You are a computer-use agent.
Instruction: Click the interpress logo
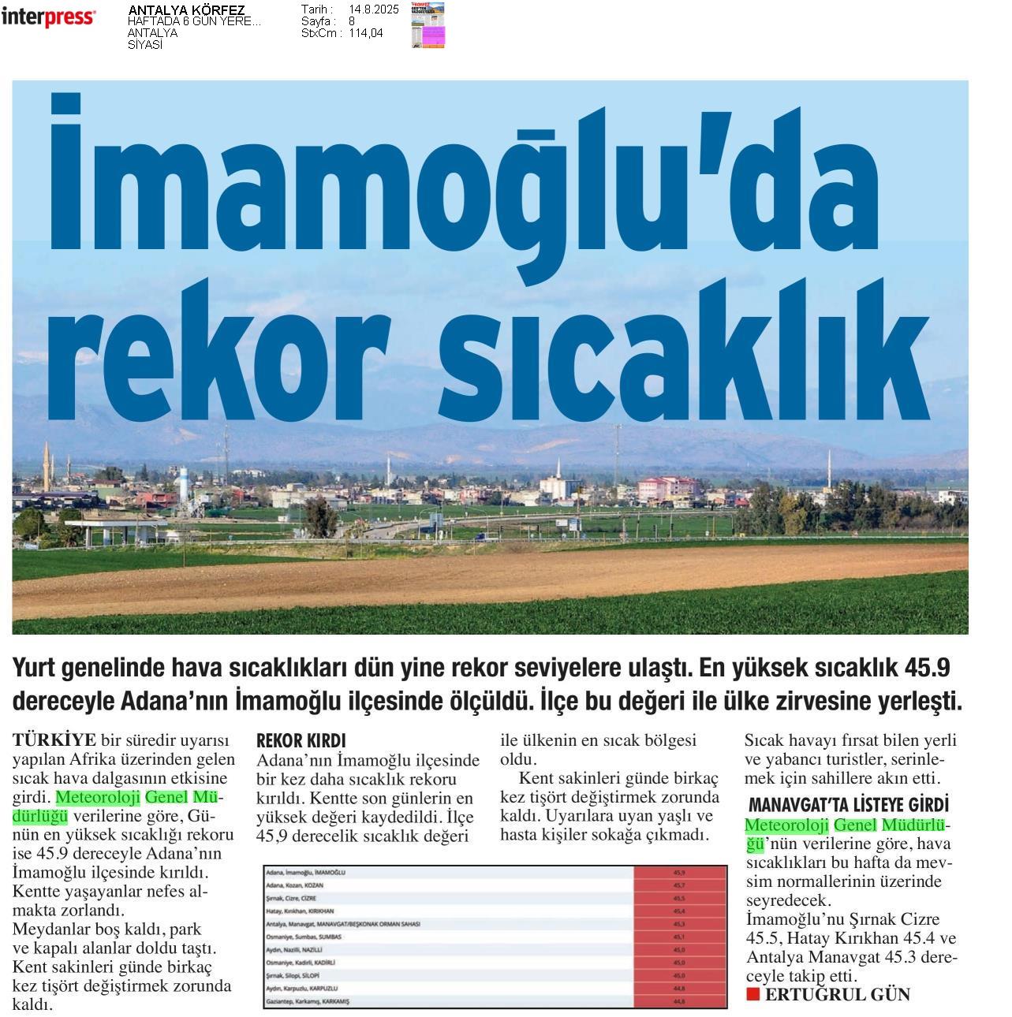[48, 17]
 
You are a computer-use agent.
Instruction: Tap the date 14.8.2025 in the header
[373, 9]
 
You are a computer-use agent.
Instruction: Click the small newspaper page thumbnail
[428, 25]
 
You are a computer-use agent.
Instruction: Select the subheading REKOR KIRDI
[301, 741]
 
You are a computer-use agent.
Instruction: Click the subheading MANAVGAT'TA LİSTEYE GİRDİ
[848, 806]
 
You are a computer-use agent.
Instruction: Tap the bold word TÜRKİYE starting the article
[54, 739]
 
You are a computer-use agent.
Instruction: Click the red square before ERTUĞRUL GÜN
[752, 994]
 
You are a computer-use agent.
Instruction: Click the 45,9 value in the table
[679, 873]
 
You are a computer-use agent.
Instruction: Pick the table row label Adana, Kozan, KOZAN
[301, 885]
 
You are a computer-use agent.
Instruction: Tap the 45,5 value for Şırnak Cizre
[679, 898]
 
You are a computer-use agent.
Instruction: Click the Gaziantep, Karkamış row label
[308, 1001]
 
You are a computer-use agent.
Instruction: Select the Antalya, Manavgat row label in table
[344, 924]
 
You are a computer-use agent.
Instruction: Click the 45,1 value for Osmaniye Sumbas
[679, 937]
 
